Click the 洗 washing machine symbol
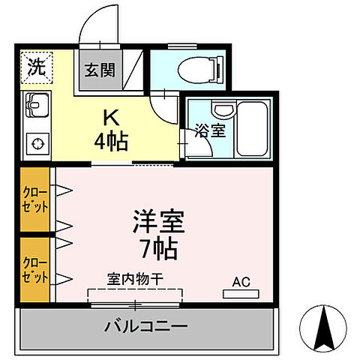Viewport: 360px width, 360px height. tap(36, 66)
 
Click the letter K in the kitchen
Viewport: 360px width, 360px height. tap(109, 118)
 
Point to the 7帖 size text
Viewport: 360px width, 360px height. tap(159, 248)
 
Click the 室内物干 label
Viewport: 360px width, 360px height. tap(136, 278)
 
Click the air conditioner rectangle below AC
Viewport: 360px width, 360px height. tap(240, 295)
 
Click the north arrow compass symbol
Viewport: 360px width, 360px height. tap(324, 328)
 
